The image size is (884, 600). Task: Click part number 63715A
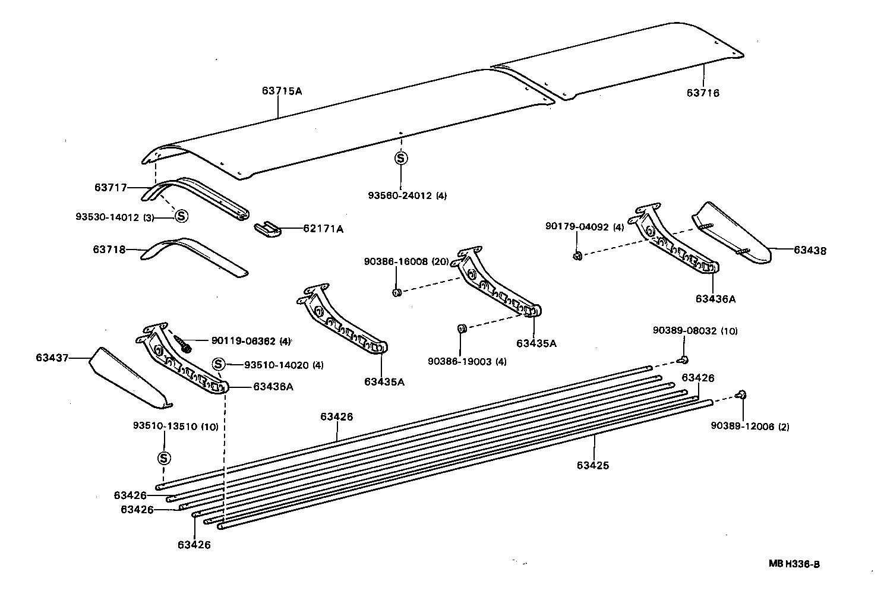click(282, 91)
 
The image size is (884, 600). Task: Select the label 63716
click(703, 93)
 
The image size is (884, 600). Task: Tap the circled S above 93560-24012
click(401, 158)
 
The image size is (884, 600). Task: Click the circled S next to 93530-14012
click(181, 216)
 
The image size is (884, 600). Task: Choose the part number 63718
click(109, 250)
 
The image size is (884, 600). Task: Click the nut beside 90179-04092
click(576, 255)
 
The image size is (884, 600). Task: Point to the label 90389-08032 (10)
click(695, 331)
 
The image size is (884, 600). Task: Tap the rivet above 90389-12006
click(741, 394)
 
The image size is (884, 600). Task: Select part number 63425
click(592, 465)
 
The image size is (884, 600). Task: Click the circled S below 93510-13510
click(164, 458)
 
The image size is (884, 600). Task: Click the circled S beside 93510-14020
click(218, 364)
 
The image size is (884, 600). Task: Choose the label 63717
click(110, 187)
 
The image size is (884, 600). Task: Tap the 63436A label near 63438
click(715, 299)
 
